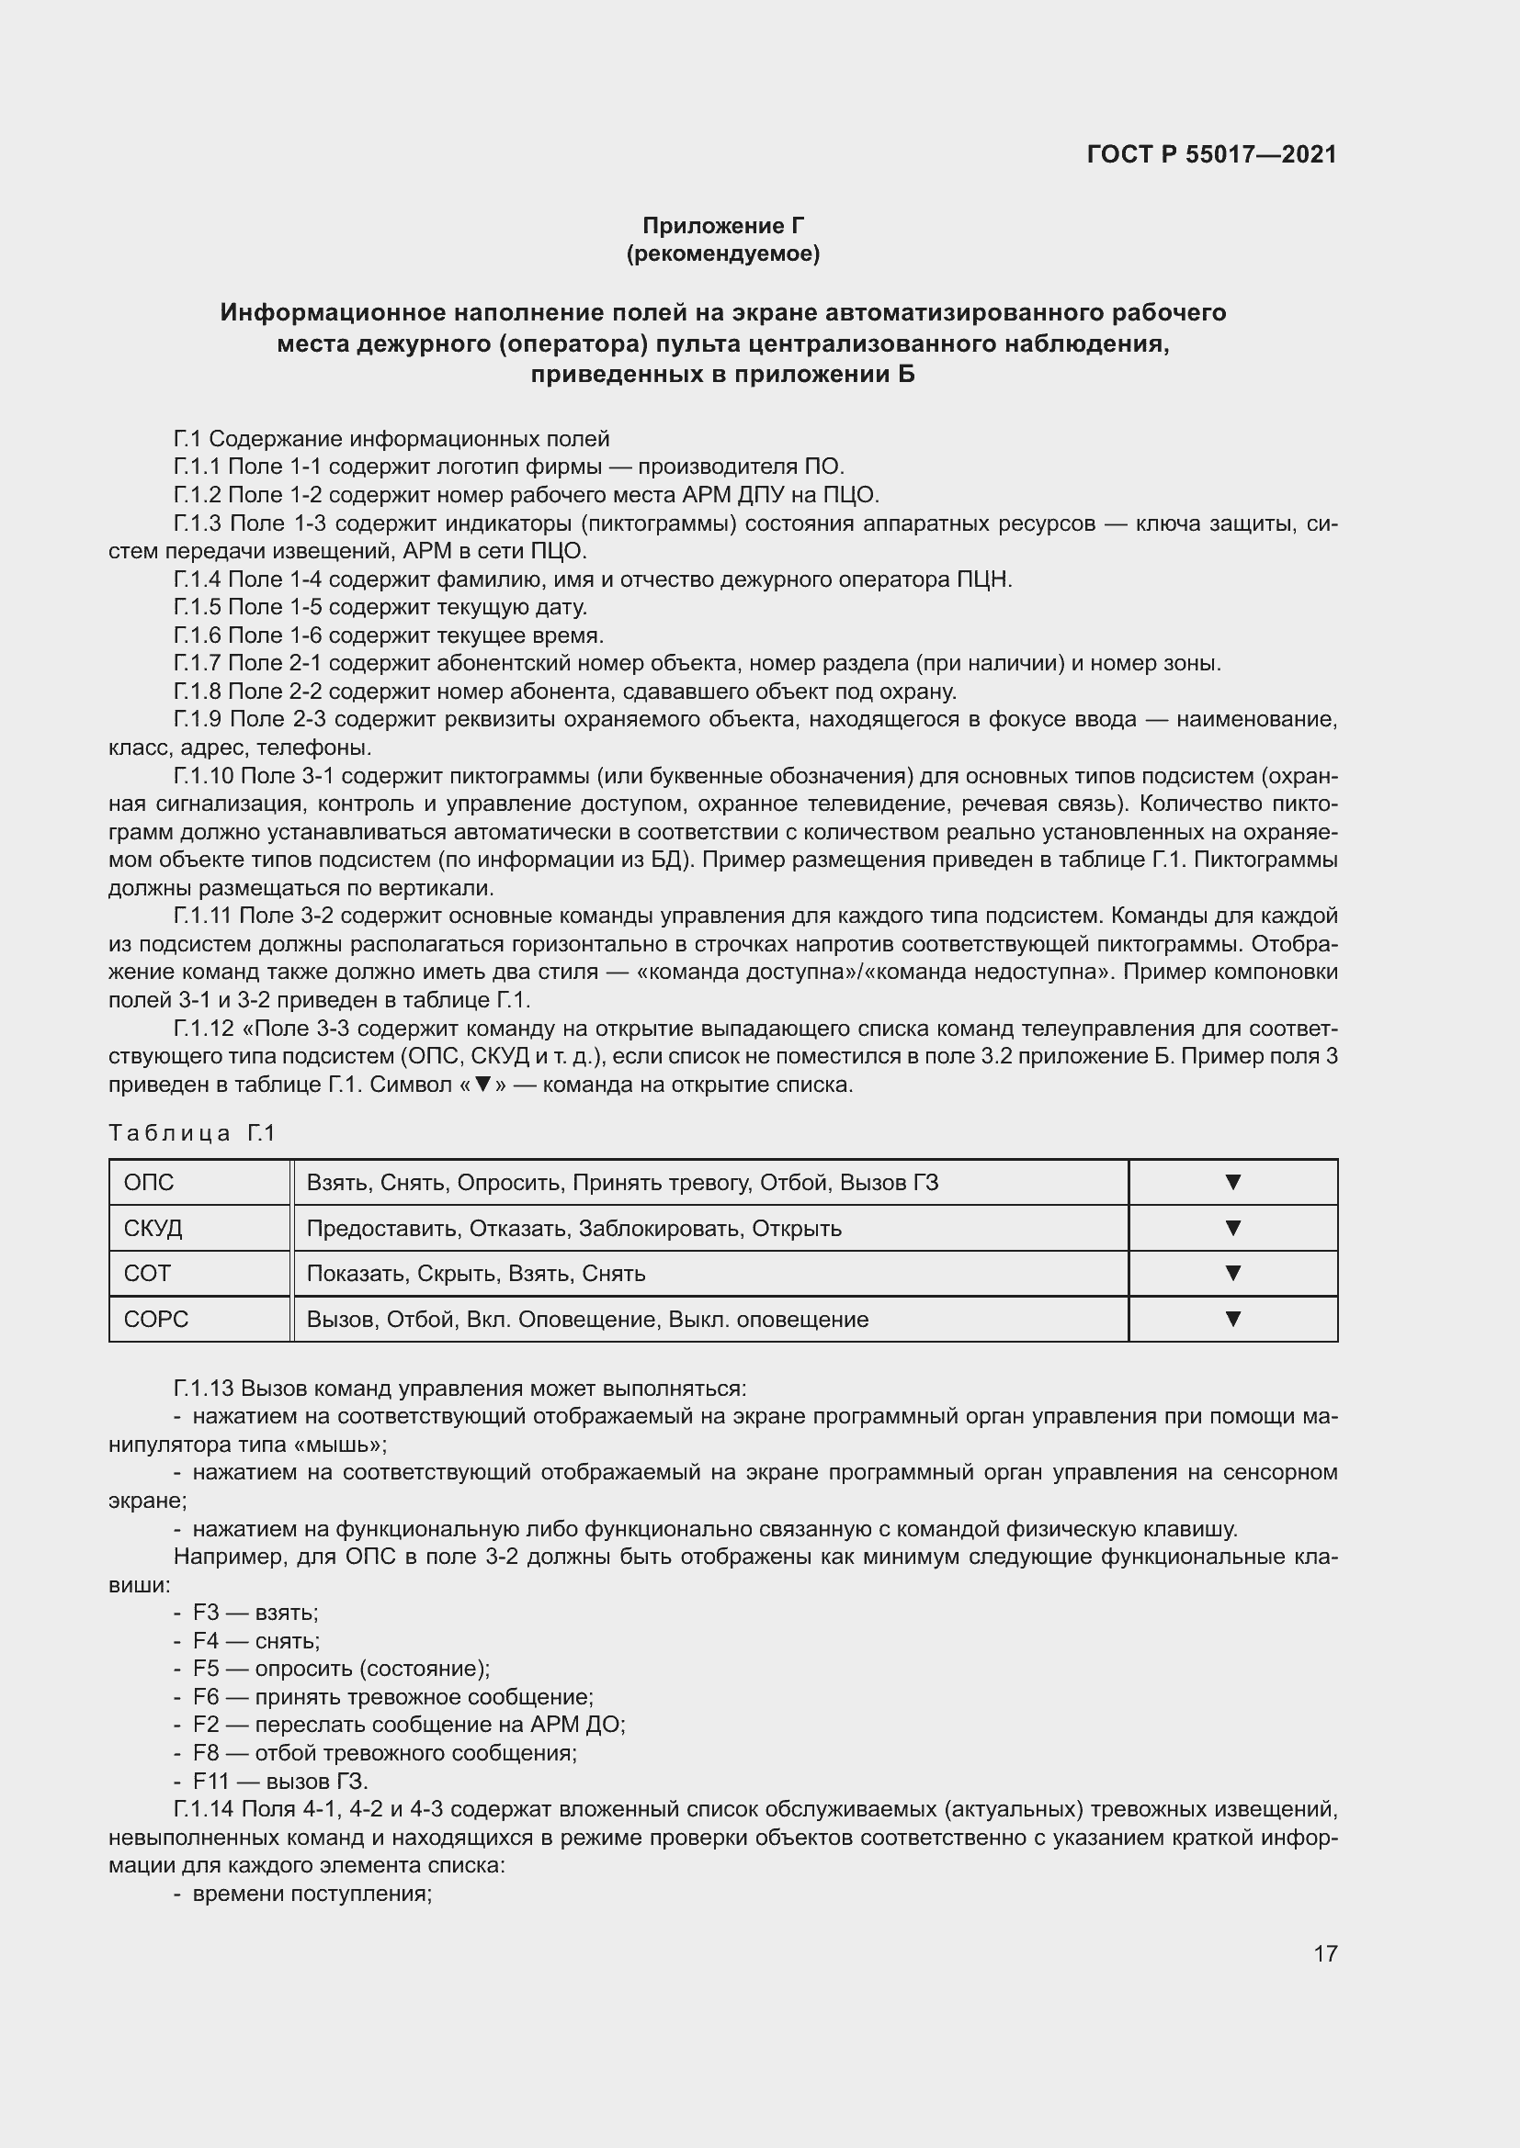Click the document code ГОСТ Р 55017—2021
[x=1211, y=154]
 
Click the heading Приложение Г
[x=722, y=226]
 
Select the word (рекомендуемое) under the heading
[x=722, y=253]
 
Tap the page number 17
[x=1324, y=1953]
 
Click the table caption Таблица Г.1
[x=192, y=1133]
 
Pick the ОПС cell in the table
[x=149, y=1183]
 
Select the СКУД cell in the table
[x=153, y=1229]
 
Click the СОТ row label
[x=147, y=1273]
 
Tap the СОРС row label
[x=155, y=1319]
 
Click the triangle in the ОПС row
[x=1232, y=1183]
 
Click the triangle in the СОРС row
[x=1232, y=1319]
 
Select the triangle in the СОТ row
[x=1232, y=1273]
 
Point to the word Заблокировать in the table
[x=660, y=1229]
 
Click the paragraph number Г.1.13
[x=204, y=1388]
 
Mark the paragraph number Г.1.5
[x=198, y=607]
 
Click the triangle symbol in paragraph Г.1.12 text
[x=483, y=1085]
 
